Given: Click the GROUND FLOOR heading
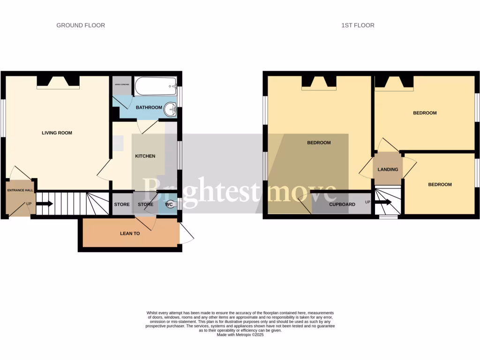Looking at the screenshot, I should point(81,25).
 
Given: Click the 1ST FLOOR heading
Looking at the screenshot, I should point(358,25).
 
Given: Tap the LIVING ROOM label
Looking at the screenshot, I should point(57,133).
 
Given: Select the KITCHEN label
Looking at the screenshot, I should point(145,156).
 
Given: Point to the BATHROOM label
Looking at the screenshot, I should point(149,108).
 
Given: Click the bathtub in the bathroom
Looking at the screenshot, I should point(156,86).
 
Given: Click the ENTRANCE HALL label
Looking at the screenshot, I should point(20,190).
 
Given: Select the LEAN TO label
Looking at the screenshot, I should point(130,233).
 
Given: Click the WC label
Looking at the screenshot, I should point(169,204).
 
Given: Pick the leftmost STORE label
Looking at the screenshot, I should point(122,204).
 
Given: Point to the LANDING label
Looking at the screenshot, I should point(388,170).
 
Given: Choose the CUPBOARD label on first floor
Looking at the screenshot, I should point(342,204).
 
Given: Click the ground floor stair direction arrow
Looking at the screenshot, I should point(45,204).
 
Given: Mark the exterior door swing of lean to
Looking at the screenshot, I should point(187,234).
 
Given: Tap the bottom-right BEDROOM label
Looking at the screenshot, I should point(440,185).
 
